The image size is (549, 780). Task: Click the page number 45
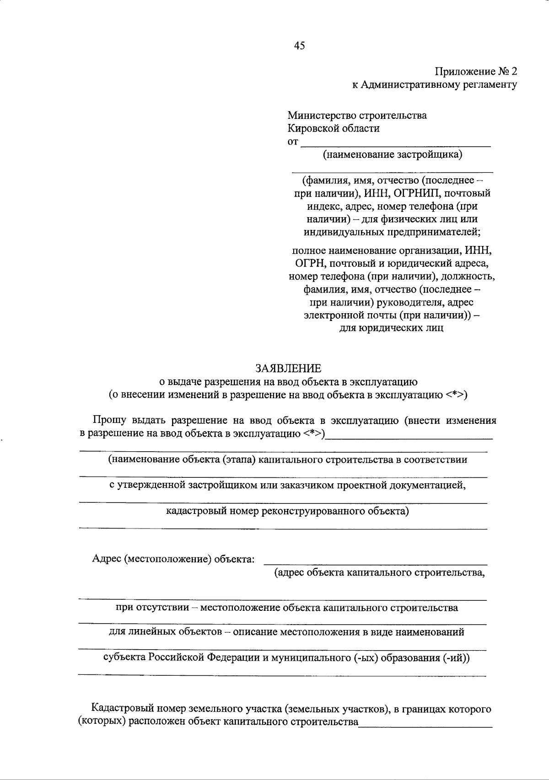pos(300,46)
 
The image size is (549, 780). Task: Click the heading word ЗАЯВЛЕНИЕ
pos(288,368)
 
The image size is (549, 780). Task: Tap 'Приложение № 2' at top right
pos(476,72)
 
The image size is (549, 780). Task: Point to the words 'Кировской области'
pos(334,128)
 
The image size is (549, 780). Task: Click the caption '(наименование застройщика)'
pos(393,155)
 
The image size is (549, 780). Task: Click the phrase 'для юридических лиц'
pos(391,328)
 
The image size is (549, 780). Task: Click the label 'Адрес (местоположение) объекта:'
pos(173,559)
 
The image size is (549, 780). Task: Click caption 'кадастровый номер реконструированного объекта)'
pos(287,511)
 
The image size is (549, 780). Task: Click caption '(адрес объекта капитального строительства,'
pos(379,572)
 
